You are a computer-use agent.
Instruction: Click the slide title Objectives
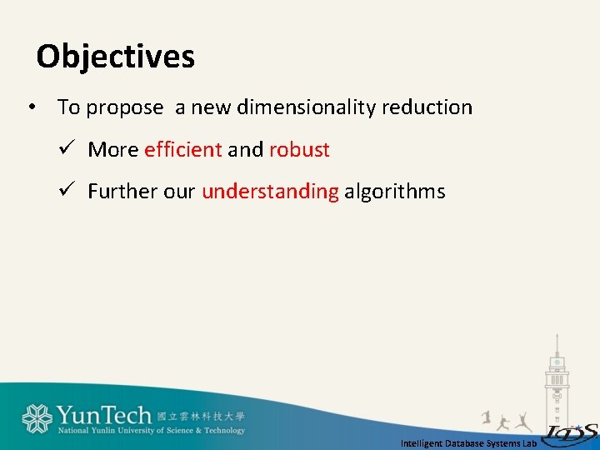click(x=115, y=57)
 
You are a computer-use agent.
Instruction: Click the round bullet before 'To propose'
click(x=30, y=107)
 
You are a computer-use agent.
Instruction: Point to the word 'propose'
click(x=125, y=107)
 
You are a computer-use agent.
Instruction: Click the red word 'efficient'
click(x=182, y=150)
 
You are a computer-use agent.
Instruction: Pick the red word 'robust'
click(x=299, y=150)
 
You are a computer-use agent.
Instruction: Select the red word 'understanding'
click(x=270, y=192)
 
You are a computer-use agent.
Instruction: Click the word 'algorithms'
click(x=395, y=192)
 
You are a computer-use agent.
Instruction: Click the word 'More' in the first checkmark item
click(x=112, y=150)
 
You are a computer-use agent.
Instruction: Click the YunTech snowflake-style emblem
click(x=37, y=418)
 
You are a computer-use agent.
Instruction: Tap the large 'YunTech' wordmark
click(x=103, y=415)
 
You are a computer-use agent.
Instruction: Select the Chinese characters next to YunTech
click(x=201, y=415)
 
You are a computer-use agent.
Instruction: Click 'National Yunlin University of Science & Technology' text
click(x=151, y=431)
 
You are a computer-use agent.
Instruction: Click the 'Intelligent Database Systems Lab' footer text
click(x=468, y=443)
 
